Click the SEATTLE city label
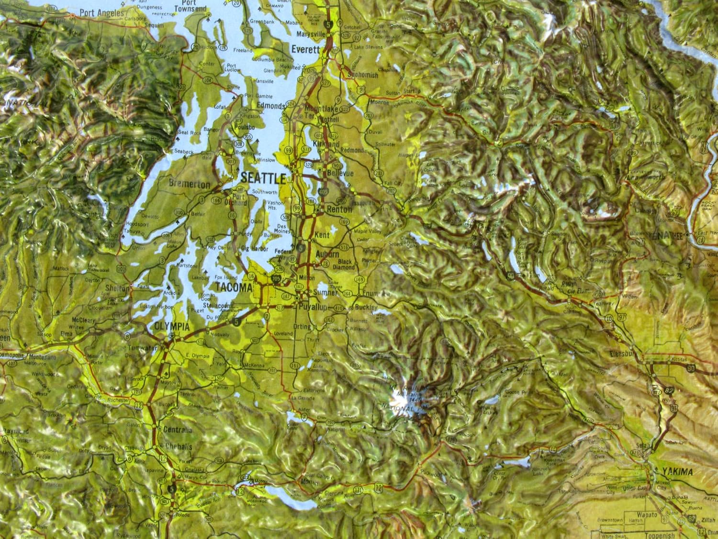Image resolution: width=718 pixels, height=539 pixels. (263, 178)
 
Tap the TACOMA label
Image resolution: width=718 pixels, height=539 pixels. (234, 287)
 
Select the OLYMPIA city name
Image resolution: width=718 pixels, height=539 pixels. (170, 327)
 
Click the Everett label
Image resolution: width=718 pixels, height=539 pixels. (306, 49)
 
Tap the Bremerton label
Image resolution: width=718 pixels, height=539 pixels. (189, 184)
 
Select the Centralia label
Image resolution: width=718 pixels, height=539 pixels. (178, 430)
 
